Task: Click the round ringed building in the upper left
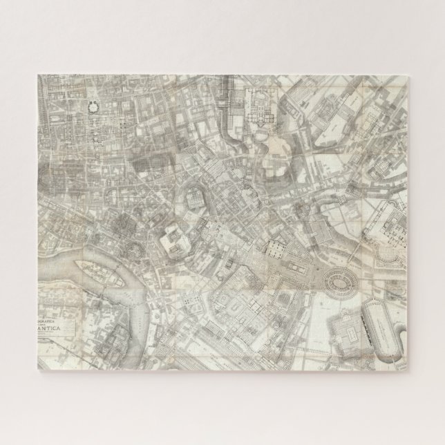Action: click(92, 106)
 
